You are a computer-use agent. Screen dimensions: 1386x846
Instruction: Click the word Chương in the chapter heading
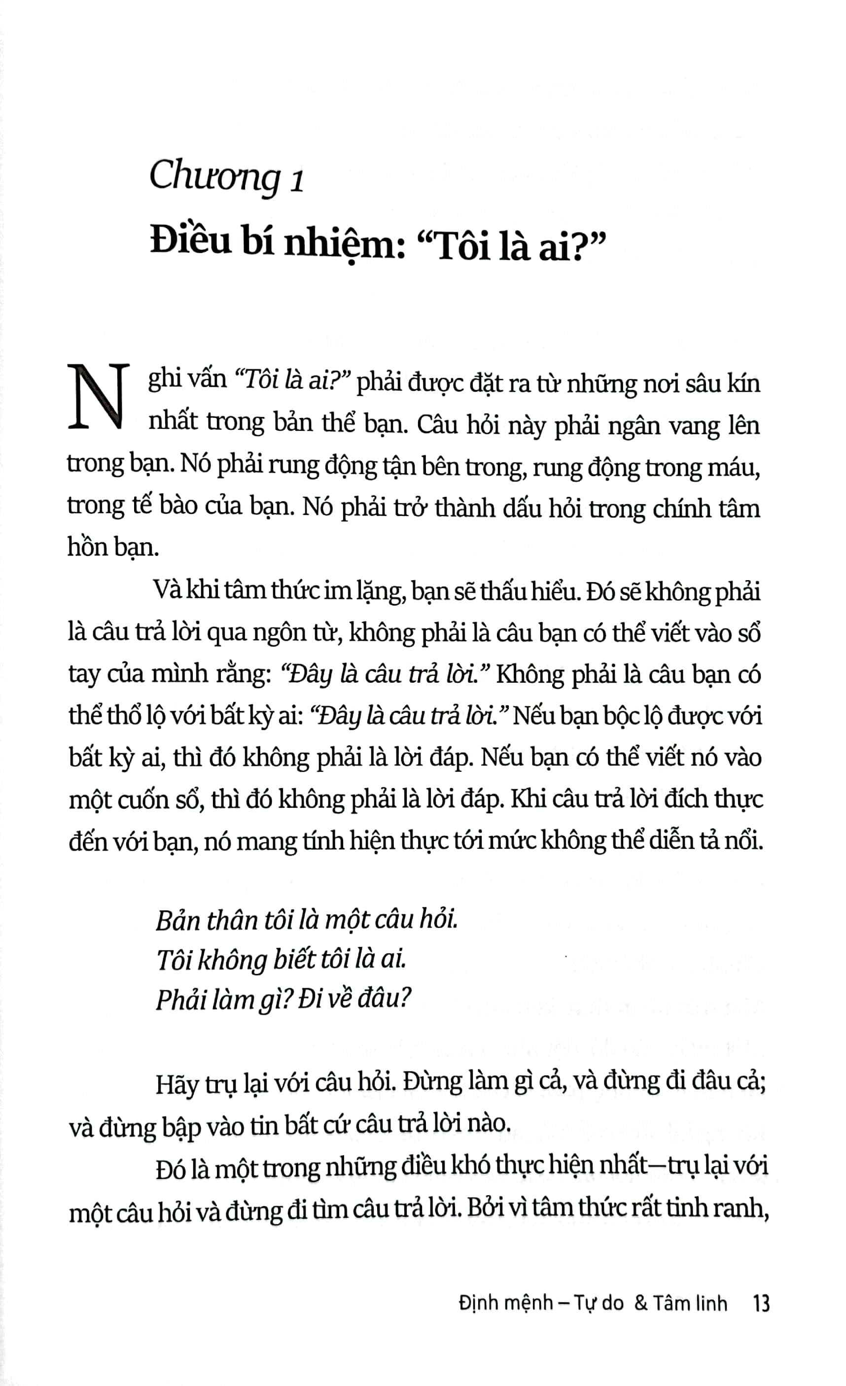[214, 176]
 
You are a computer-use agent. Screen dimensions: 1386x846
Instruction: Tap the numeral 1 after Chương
[298, 181]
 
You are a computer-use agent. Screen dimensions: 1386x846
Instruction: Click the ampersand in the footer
[641, 1303]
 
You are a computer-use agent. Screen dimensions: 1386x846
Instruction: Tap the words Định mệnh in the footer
[505, 1303]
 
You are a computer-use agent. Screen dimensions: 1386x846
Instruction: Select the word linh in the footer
[710, 1303]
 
